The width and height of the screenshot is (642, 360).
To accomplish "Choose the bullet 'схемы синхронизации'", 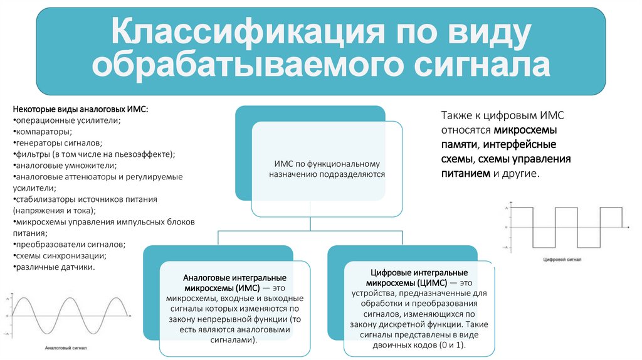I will (x=60, y=256).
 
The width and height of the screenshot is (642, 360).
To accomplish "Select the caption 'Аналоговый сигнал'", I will (x=66, y=347).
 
